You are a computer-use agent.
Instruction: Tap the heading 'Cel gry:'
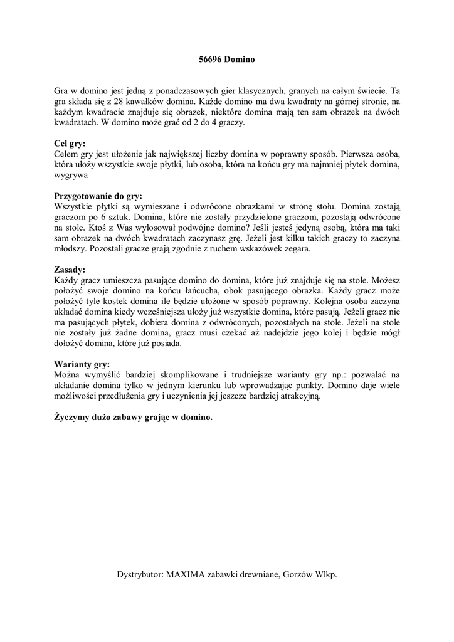(70, 144)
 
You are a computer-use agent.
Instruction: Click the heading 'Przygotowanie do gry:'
(98, 196)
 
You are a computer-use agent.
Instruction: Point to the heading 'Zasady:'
(70, 270)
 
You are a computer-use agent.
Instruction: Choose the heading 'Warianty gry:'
(82, 364)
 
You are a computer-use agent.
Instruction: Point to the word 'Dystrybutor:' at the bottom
(140, 574)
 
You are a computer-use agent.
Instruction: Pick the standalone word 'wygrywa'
(70, 175)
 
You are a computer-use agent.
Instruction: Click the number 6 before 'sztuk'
(98, 217)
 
